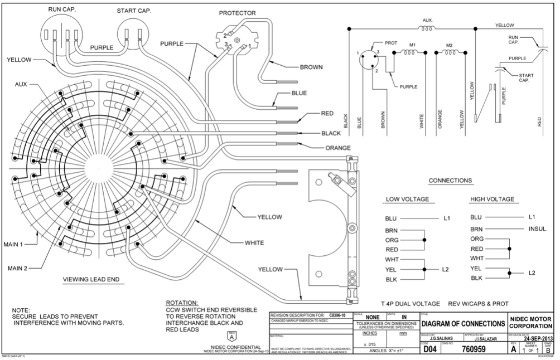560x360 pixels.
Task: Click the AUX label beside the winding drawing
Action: [x=22, y=85]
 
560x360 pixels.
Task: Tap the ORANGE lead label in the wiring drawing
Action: [x=338, y=148]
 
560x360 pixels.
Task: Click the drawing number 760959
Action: [x=471, y=349]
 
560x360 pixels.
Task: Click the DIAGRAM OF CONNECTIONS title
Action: [x=464, y=324]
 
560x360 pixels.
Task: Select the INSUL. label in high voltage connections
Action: [x=538, y=229]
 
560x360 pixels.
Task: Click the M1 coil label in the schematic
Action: [x=413, y=45]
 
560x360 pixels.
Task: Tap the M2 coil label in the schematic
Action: [x=451, y=45]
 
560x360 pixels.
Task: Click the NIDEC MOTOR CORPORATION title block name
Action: [x=531, y=323]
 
